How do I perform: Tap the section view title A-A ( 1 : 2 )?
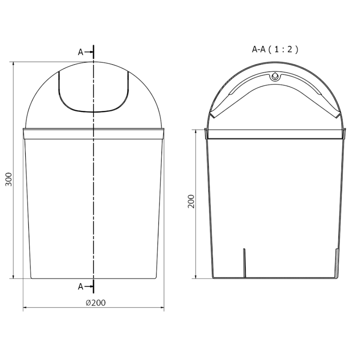(275, 49)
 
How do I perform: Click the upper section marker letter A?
(81, 52)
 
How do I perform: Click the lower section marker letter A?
(81, 286)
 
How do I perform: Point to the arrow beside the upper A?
(88, 52)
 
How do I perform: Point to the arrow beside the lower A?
(88, 286)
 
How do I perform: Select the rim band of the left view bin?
(93, 133)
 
